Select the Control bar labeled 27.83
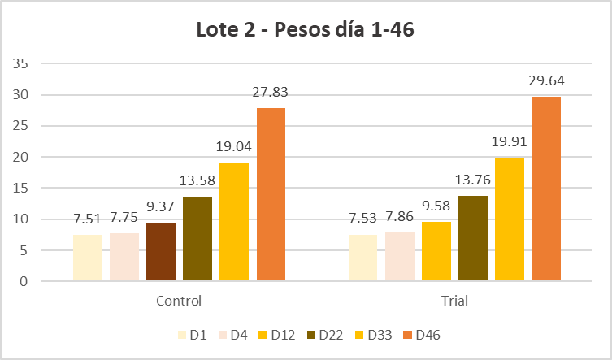[271, 195]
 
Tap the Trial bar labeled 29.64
[546, 189]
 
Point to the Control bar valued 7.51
[87, 258]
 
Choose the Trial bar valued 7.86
[399, 257]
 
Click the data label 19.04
[234, 149]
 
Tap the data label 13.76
[473, 181]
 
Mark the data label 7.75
[124, 219]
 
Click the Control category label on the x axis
[179, 301]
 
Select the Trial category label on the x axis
[454, 301]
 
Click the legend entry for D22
[324, 335]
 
